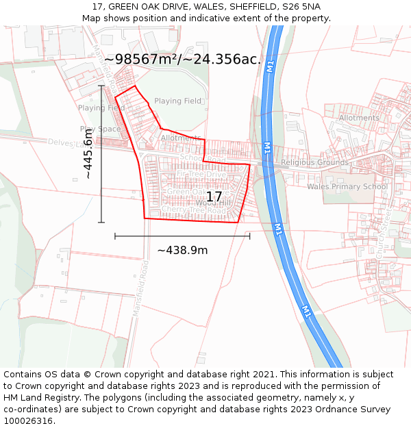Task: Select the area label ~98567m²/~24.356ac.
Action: tap(183, 60)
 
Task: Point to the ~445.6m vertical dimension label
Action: tap(88, 154)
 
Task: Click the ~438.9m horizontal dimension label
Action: tap(182, 250)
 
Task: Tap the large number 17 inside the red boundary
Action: tap(214, 197)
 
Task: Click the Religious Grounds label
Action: tap(314, 163)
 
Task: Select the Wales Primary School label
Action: tap(347, 186)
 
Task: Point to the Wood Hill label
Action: tap(213, 203)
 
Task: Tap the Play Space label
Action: tap(100, 129)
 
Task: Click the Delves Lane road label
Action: tap(65, 142)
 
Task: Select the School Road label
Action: tap(202, 158)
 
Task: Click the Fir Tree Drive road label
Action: tap(201, 175)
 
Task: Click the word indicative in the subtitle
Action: tap(199, 18)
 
